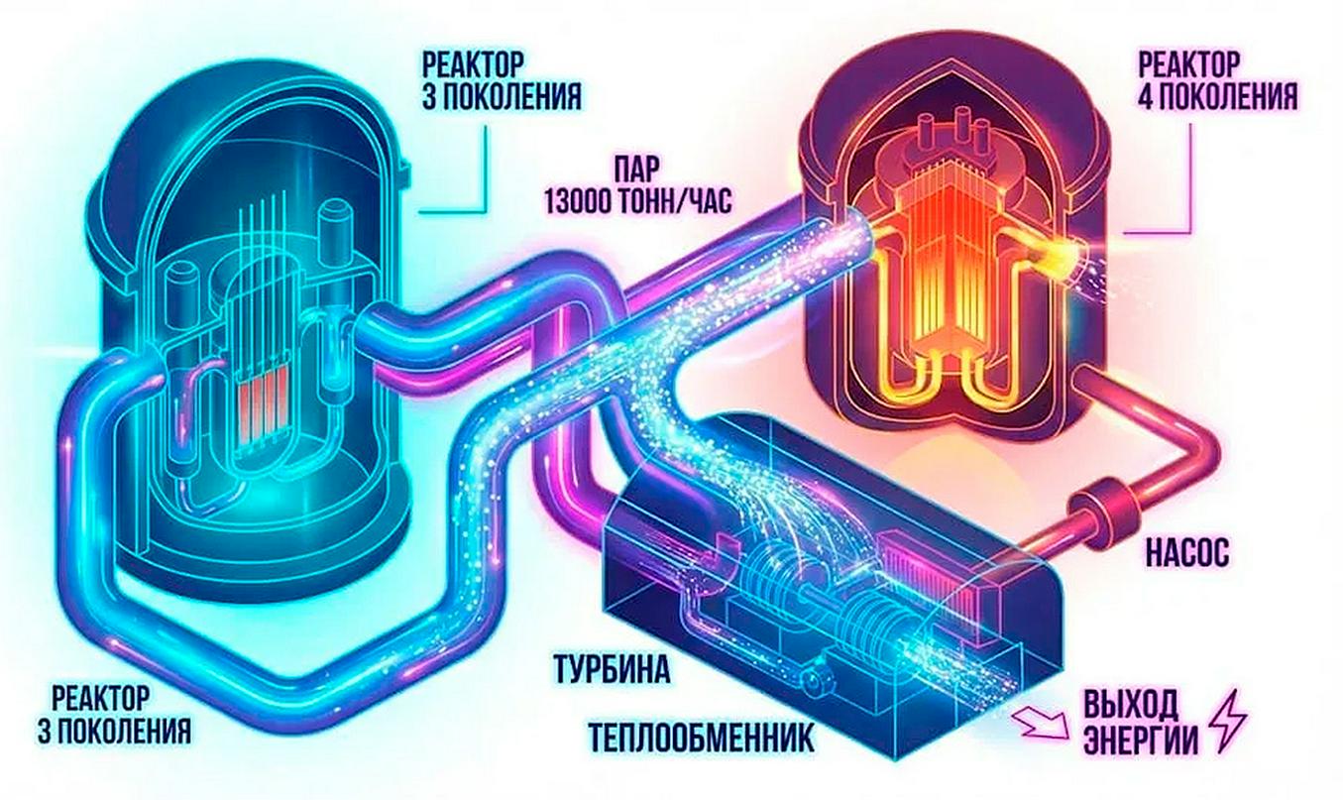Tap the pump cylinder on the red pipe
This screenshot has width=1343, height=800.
(1092, 512)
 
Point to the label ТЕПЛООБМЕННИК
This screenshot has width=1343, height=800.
(701, 739)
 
